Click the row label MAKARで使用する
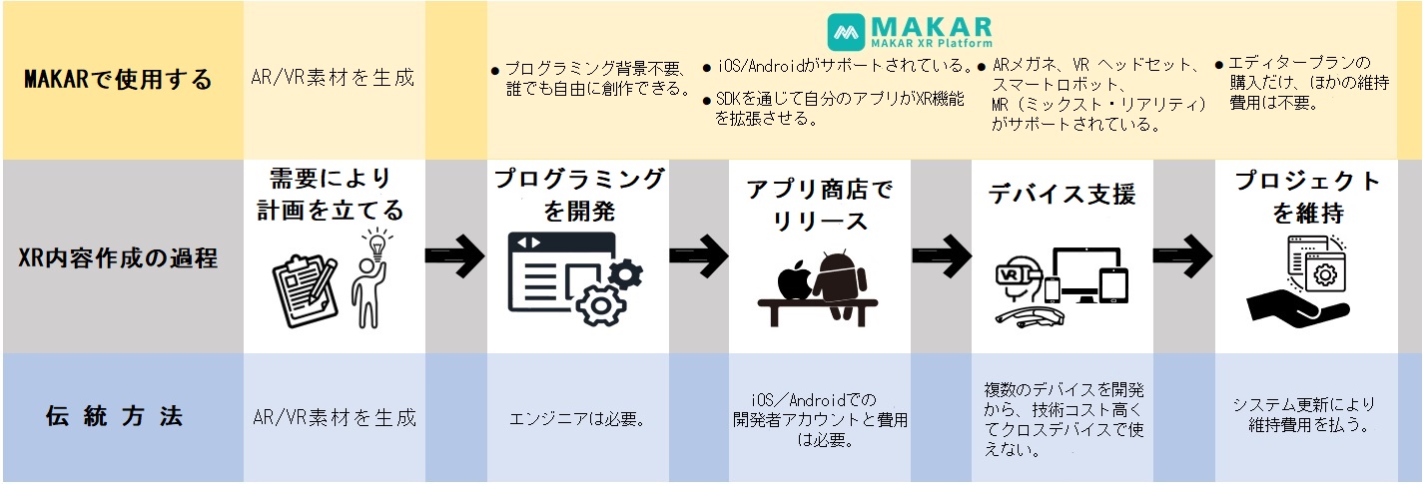[119, 80]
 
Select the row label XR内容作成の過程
[119, 257]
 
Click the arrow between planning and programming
[455, 255]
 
